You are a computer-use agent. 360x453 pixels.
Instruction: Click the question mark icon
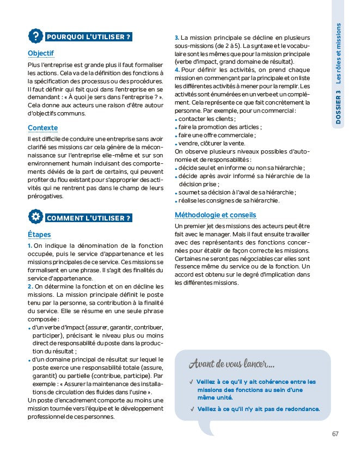[x=35, y=37]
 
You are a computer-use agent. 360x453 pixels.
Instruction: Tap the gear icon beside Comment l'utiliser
[x=35, y=218]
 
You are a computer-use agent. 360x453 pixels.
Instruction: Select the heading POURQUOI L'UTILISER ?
[x=89, y=38]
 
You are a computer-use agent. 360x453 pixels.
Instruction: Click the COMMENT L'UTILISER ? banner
[x=89, y=218]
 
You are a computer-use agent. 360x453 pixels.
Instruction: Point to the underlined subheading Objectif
[x=41, y=53]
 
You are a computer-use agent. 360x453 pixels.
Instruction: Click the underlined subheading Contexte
[x=42, y=128]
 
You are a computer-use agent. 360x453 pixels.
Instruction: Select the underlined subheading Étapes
[x=39, y=235]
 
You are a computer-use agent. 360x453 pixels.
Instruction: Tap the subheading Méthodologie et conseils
[x=215, y=215]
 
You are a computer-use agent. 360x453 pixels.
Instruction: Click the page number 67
[x=335, y=434]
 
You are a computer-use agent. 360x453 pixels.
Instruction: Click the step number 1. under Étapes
[x=30, y=246]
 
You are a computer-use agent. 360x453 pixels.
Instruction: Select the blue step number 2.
[x=30, y=286]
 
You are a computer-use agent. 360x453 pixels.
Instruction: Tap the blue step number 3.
[x=177, y=38]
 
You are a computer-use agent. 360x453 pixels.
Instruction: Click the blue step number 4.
[x=177, y=70]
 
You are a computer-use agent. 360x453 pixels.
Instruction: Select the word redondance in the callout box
[x=301, y=409]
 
